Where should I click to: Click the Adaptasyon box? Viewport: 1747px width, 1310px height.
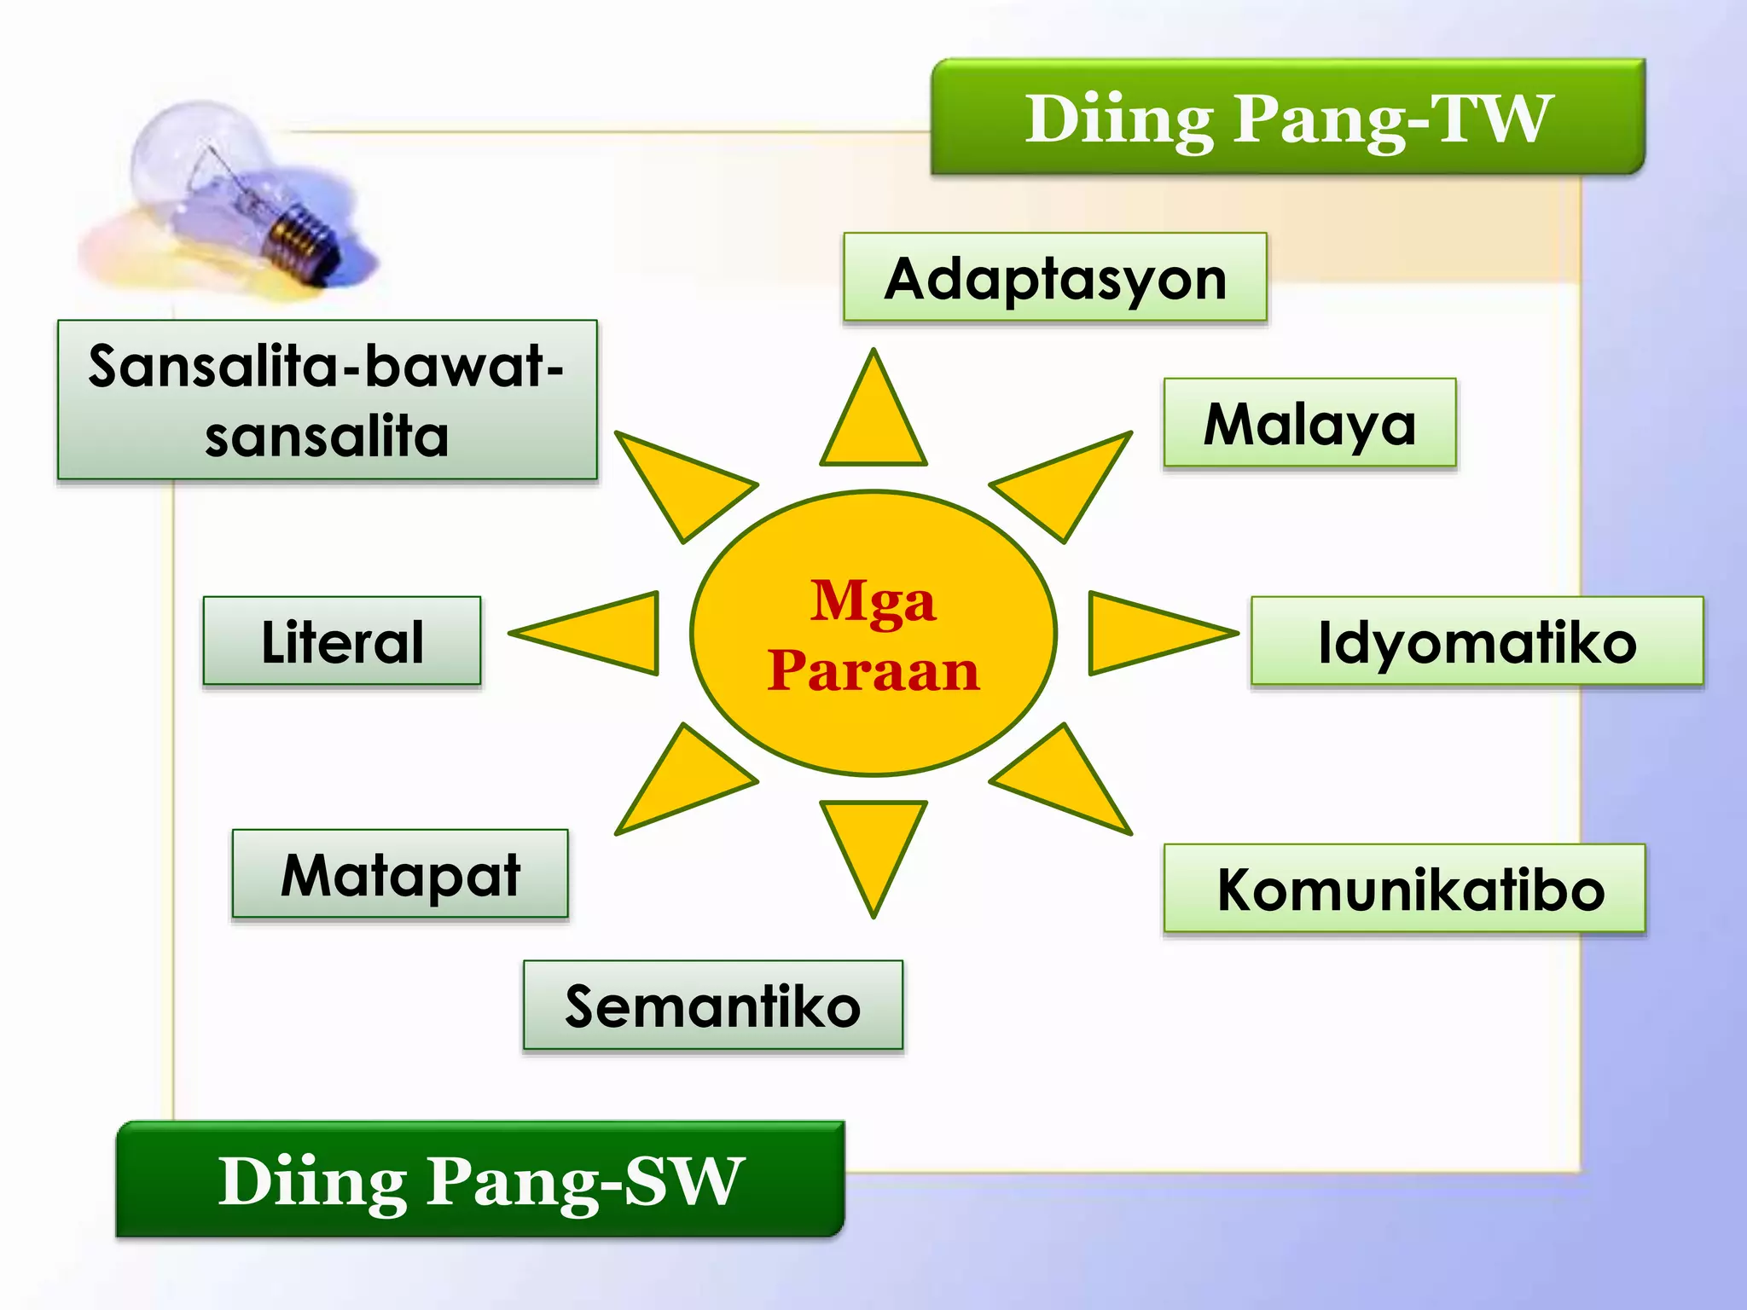click(1054, 278)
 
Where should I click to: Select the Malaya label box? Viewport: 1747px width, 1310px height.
click(1309, 423)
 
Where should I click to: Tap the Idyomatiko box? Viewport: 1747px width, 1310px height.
click(1477, 641)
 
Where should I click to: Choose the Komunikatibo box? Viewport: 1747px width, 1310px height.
click(1404, 889)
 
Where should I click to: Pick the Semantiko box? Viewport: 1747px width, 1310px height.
click(712, 1006)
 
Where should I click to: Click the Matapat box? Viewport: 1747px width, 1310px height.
click(400, 874)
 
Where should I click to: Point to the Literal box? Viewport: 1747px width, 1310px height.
click(342, 641)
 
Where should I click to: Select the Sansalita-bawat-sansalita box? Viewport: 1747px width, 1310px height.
click(327, 400)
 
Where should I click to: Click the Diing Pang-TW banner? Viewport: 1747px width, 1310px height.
click(1287, 118)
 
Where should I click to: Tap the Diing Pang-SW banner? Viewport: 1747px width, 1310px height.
click(480, 1180)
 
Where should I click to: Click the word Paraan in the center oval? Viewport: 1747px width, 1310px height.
click(873, 670)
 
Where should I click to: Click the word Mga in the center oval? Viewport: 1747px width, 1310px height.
click(873, 601)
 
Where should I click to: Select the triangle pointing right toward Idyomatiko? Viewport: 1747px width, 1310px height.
click(1143, 633)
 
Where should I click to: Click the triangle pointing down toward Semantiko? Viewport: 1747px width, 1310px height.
click(873, 844)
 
